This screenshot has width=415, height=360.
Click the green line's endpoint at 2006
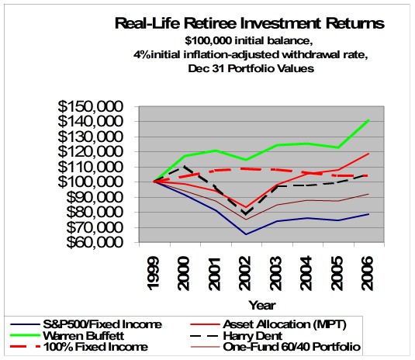[368, 120]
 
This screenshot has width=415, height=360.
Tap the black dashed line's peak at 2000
[184, 165]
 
